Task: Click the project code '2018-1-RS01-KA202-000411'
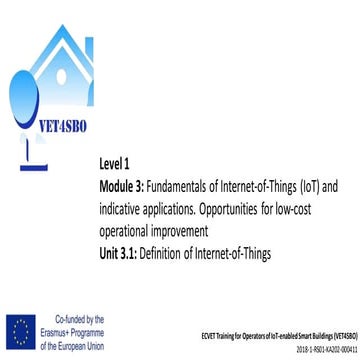click(314, 351)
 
